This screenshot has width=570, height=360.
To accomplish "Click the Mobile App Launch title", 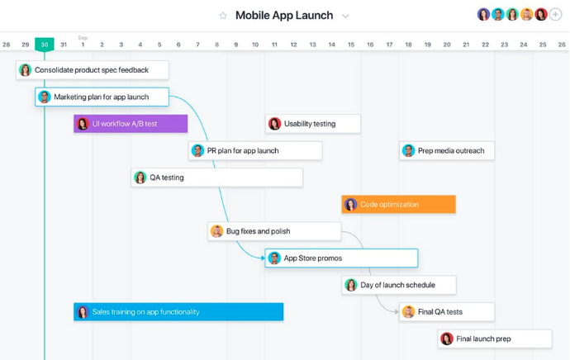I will [x=284, y=16].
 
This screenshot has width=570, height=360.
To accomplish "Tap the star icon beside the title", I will [x=222, y=16].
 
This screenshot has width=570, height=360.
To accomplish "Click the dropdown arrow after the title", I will [x=345, y=16].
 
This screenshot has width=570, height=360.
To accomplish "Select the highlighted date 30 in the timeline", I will [x=45, y=45].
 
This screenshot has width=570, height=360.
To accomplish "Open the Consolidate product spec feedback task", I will [x=93, y=70].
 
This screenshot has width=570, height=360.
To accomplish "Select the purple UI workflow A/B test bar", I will [x=131, y=124].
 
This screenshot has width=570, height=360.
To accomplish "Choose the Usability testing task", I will [x=313, y=124].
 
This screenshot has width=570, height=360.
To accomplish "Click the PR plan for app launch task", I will [x=255, y=151].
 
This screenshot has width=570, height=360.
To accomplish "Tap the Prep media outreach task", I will [x=447, y=151].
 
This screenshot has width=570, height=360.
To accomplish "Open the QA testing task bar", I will [x=216, y=178].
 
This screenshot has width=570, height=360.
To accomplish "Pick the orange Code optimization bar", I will [x=398, y=205].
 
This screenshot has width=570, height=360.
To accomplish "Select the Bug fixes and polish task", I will [x=274, y=231].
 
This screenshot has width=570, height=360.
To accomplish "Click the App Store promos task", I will [x=341, y=258].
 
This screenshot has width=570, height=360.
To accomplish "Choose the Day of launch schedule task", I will [x=399, y=285].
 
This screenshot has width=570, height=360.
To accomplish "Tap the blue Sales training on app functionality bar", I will [x=178, y=312].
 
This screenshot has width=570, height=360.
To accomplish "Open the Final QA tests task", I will [x=447, y=312].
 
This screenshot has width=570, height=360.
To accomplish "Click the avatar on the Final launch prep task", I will [x=447, y=339].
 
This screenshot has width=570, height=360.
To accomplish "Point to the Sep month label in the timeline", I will [x=83, y=38].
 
